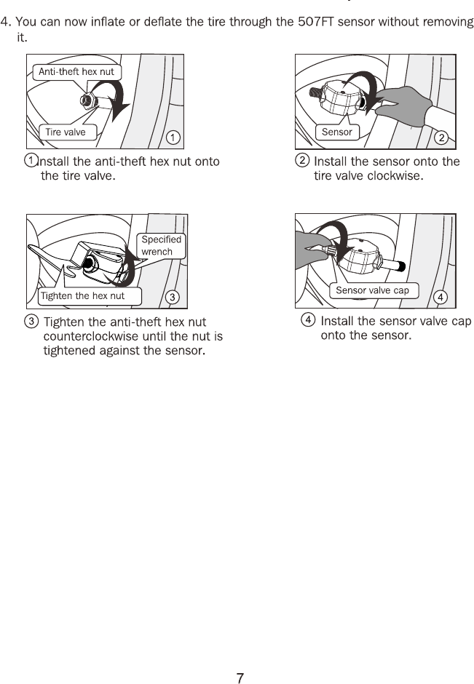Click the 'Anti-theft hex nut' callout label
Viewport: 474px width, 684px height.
pyautogui.click(x=77, y=72)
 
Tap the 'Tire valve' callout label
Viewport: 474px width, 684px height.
pyautogui.click(x=67, y=132)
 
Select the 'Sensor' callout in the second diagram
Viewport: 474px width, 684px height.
pyautogui.click(x=337, y=132)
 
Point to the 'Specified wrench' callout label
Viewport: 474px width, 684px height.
pyautogui.click(x=162, y=246)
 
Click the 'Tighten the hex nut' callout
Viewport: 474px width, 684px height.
pyautogui.click(x=89, y=296)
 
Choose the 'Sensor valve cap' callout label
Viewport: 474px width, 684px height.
pyautogui.click(x=372, y=290)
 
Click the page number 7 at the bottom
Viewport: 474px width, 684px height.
pyautogui.click(x=240, y=678)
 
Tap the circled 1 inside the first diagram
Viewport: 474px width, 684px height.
pyautogui.click(x=173, y=138)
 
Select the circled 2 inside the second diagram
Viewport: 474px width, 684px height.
pyautogui.click(x=441, y=138)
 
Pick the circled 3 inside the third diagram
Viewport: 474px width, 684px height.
pyautogui.click(x=173, y=297)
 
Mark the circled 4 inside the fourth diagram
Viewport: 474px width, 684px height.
pyautogui.click(x=441, y=297)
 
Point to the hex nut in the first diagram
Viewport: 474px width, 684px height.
pyautogui.click(x=87, y=100)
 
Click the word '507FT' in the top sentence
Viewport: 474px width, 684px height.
pyautogui.click(x=315, y=22)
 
